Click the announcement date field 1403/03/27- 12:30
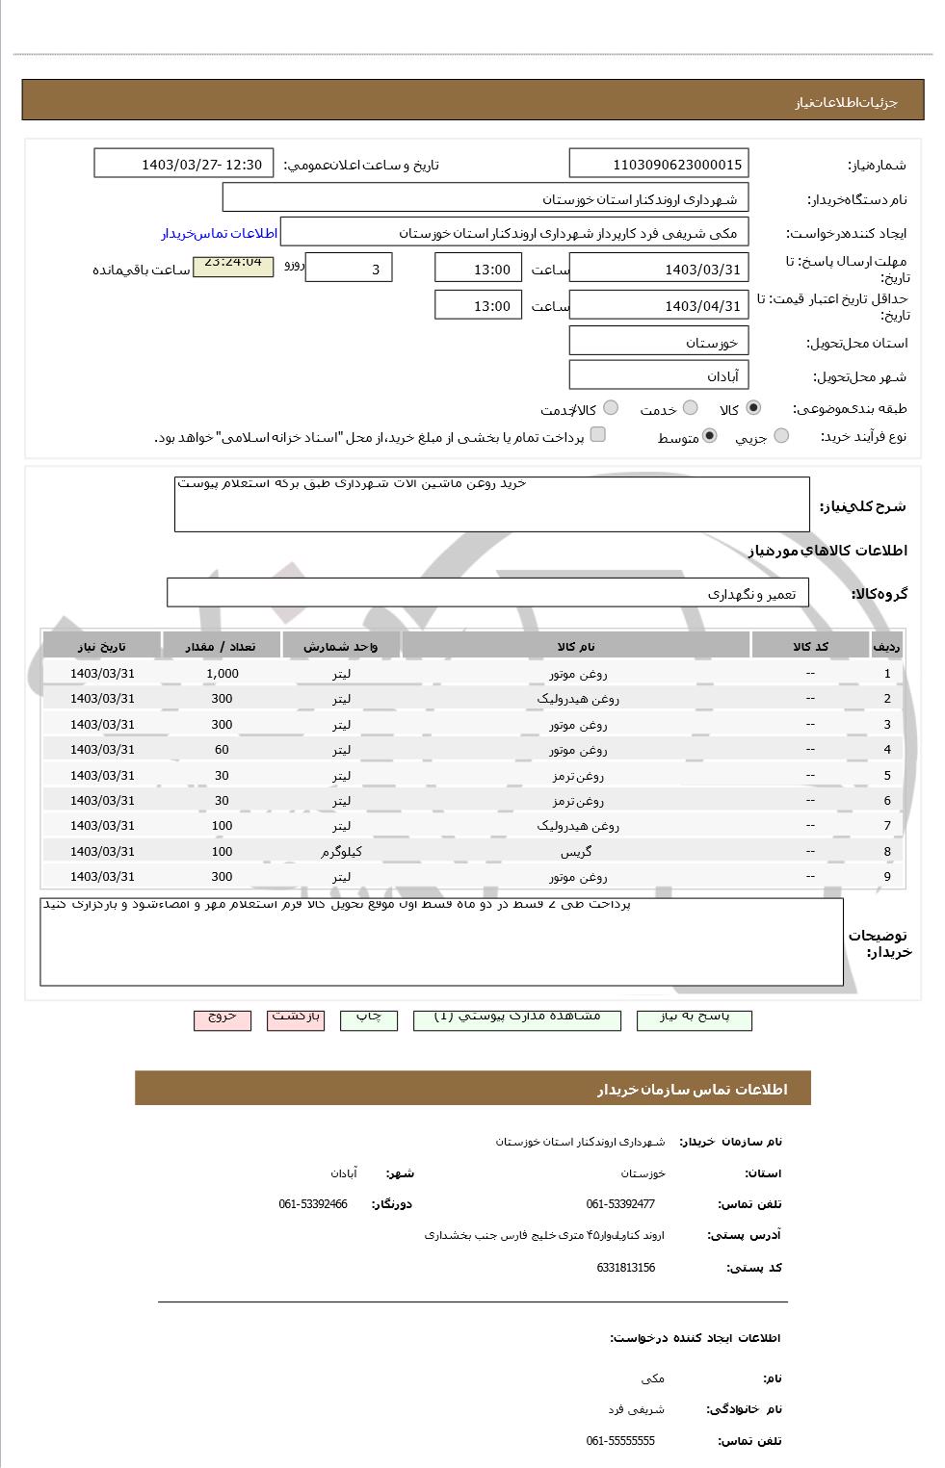[x=184, y=164]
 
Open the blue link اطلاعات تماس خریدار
[x=219, y=234]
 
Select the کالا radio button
[x=752, y=408]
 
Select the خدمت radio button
[x=690, y=408]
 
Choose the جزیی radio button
[x=781, y=436]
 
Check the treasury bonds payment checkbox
[x=598, y=435]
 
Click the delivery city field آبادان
[x=659, y=375]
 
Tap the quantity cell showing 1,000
[x=222, y=674]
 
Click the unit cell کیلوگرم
[x=341, y=852]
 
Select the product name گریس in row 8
[x=576, y=852]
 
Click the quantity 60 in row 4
[x=222, y=750]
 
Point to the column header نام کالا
[x=576, y=646]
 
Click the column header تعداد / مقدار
[x=222, y=646]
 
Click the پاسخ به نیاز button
[x=694, y=1018]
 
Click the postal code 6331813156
[x=625, y=1268]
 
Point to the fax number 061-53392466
[x=313, y=1204]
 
